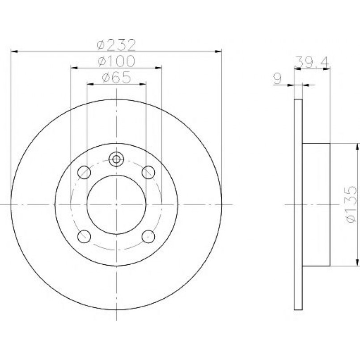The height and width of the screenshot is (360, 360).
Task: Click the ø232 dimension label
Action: click(116, 45)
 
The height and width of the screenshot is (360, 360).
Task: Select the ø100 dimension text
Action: click(116, 61)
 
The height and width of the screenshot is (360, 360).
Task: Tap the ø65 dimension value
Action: click(116, 77)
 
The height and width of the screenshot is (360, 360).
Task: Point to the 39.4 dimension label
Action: click(312, 62)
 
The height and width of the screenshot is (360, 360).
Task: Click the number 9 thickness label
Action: click(277, 79)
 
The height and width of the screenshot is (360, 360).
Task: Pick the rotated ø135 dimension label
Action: click(351, 204)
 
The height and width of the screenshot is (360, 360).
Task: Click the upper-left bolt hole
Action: click(84, 172)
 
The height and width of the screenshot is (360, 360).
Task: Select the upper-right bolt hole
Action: click(148, 172)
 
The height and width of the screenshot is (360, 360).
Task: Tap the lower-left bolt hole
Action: click(84, 237)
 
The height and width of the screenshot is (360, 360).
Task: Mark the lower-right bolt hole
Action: click(148, 237)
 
